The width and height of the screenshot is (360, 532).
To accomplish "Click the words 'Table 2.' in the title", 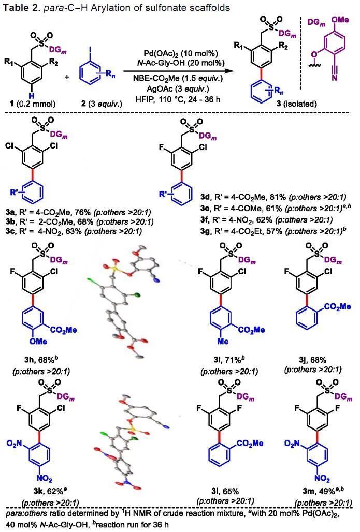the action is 21,7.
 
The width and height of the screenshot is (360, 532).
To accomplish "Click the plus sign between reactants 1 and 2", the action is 67,77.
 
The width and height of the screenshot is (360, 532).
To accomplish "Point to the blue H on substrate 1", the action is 31,94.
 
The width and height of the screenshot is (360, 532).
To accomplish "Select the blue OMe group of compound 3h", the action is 38,342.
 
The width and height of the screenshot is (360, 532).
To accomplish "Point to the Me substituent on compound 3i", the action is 223,342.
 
